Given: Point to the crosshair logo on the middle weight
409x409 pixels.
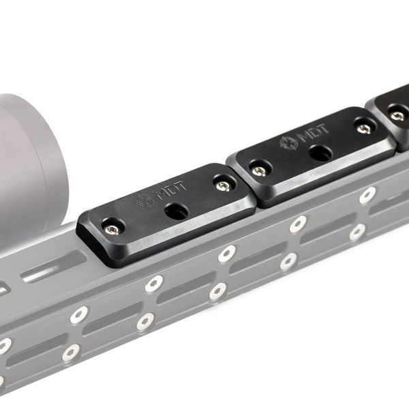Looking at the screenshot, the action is [x=289, y=142].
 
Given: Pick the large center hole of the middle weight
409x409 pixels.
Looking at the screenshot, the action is [x=320, y=153].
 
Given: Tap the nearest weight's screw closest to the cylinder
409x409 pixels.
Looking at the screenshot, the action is [x=112, y=230].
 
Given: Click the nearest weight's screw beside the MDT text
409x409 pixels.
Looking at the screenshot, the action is [x=224, y=185].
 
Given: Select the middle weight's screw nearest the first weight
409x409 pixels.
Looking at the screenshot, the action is [x=259, y=171].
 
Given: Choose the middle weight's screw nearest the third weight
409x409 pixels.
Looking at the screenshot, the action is [x=364, y=129].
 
